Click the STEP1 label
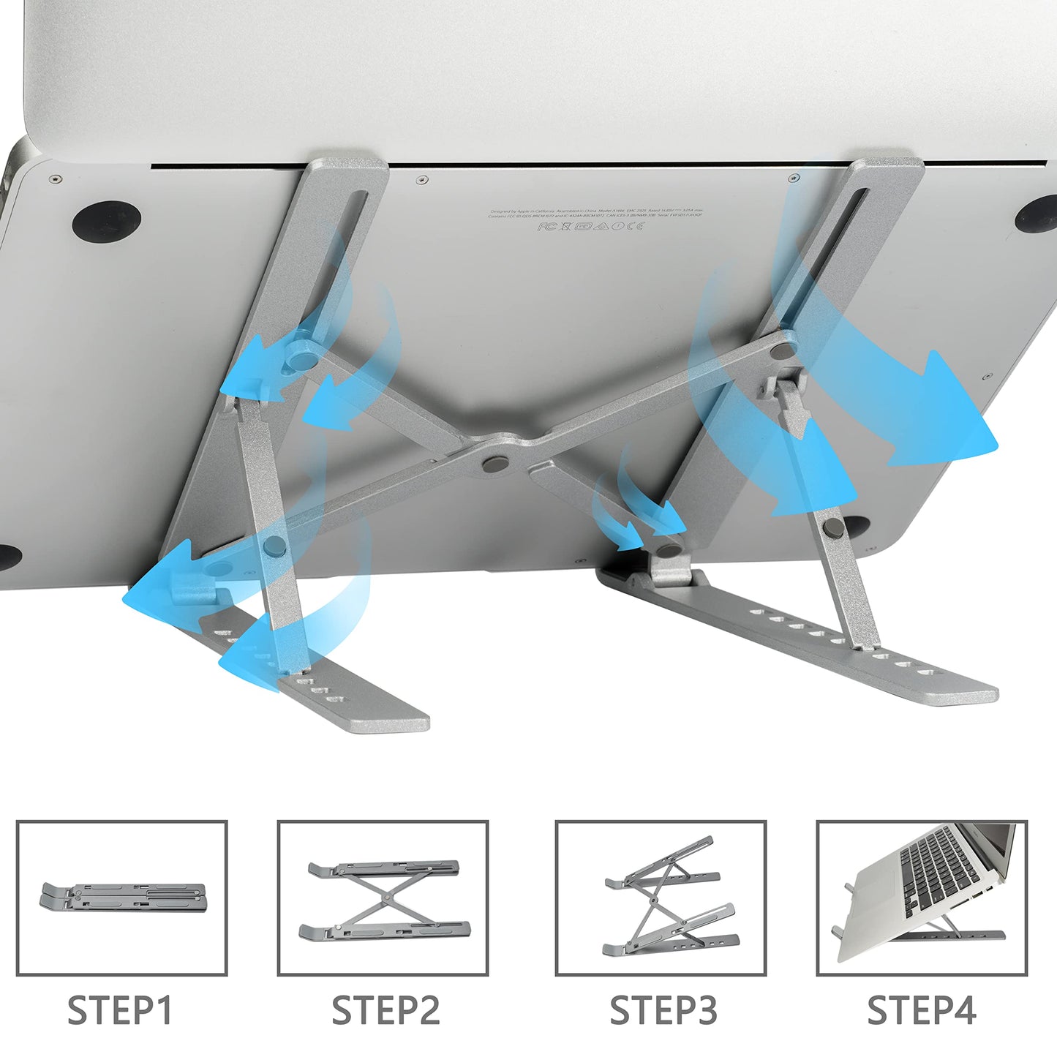click(x=119, y=1010)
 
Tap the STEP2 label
click(x=385, y=1010)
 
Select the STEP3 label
click(x=663, y=1010)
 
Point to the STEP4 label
click(x=921, y=1010)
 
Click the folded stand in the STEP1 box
click(x=122, y=898)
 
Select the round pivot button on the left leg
click(x=275, y=543)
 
